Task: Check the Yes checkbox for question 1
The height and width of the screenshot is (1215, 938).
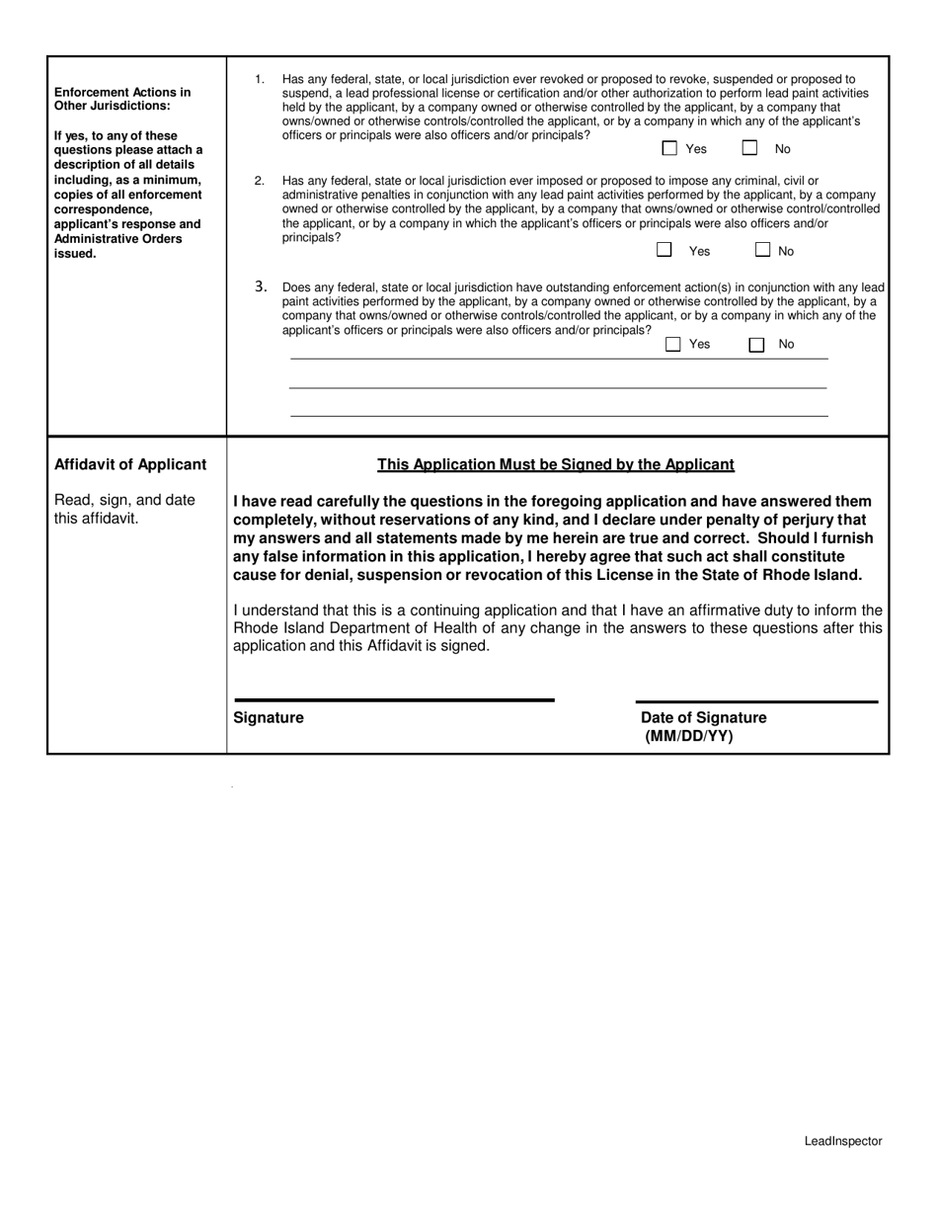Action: [x=669, y=148]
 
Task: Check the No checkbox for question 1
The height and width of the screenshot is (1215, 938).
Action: [x=750, y=148]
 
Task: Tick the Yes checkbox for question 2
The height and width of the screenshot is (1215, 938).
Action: [x=665, y=250]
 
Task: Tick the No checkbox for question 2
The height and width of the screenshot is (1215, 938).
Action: [x=762, y=250]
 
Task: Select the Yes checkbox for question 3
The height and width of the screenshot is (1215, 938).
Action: [x=673, y=345]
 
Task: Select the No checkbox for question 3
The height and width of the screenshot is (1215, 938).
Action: [x=756, y=345]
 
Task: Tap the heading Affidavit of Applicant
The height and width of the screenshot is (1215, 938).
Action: [x=130, y=464]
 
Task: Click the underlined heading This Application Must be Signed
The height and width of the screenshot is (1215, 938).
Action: [x=556, y=464]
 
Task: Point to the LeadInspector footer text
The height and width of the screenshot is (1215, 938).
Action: [x=842, y=1141]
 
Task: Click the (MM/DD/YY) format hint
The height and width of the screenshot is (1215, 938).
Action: [x=689, y=736]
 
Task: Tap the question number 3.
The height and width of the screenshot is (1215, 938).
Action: [x=261, y=286]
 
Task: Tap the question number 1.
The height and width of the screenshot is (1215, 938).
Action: [x=260, y=79]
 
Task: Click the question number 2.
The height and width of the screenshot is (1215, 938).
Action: [x=260, y=181]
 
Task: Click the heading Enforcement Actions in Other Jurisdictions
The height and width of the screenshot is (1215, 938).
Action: [x=122, y=99]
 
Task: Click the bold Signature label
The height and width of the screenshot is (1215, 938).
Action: [x=269, y=718]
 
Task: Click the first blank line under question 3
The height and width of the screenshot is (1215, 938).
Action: [x=558, y=360]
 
